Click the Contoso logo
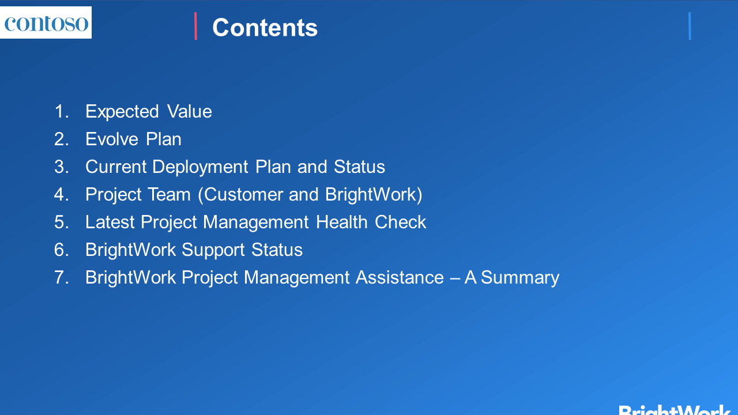point(46,22)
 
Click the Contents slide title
point(265,28)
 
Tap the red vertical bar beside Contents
point(195,26)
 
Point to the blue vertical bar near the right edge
point(690,26)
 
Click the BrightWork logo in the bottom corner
point(674,410)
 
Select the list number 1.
point(62,111)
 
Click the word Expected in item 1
point(122,112)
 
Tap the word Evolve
point(112,139)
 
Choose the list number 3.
point(62,167)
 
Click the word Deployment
point(200,168)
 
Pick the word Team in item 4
point(169,194)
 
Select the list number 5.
point(62,222)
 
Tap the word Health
point(342,222)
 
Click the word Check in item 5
point(400,222)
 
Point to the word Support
point(213,251)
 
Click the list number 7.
point(62,277)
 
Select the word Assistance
point(400,277)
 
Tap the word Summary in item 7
point(520,278)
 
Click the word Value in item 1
point(190,111)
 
